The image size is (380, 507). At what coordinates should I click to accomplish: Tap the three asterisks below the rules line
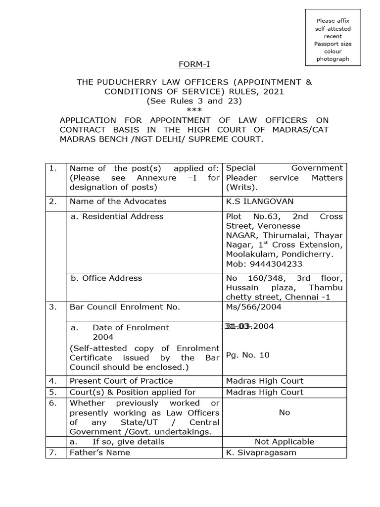point(194,110)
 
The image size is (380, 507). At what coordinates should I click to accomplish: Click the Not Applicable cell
point(284,441)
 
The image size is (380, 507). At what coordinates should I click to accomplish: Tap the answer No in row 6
point(284,412)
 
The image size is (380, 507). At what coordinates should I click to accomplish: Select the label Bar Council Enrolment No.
point(125,306)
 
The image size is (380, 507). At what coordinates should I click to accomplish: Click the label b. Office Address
point(106,278)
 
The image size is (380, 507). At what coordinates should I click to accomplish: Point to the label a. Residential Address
point(117,216)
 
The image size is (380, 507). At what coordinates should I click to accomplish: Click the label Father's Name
point(100,452)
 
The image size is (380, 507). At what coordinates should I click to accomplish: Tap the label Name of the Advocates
point(118,201)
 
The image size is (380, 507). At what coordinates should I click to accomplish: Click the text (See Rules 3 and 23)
point(194,101)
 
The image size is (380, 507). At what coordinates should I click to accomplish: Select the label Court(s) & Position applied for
point(133,392)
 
